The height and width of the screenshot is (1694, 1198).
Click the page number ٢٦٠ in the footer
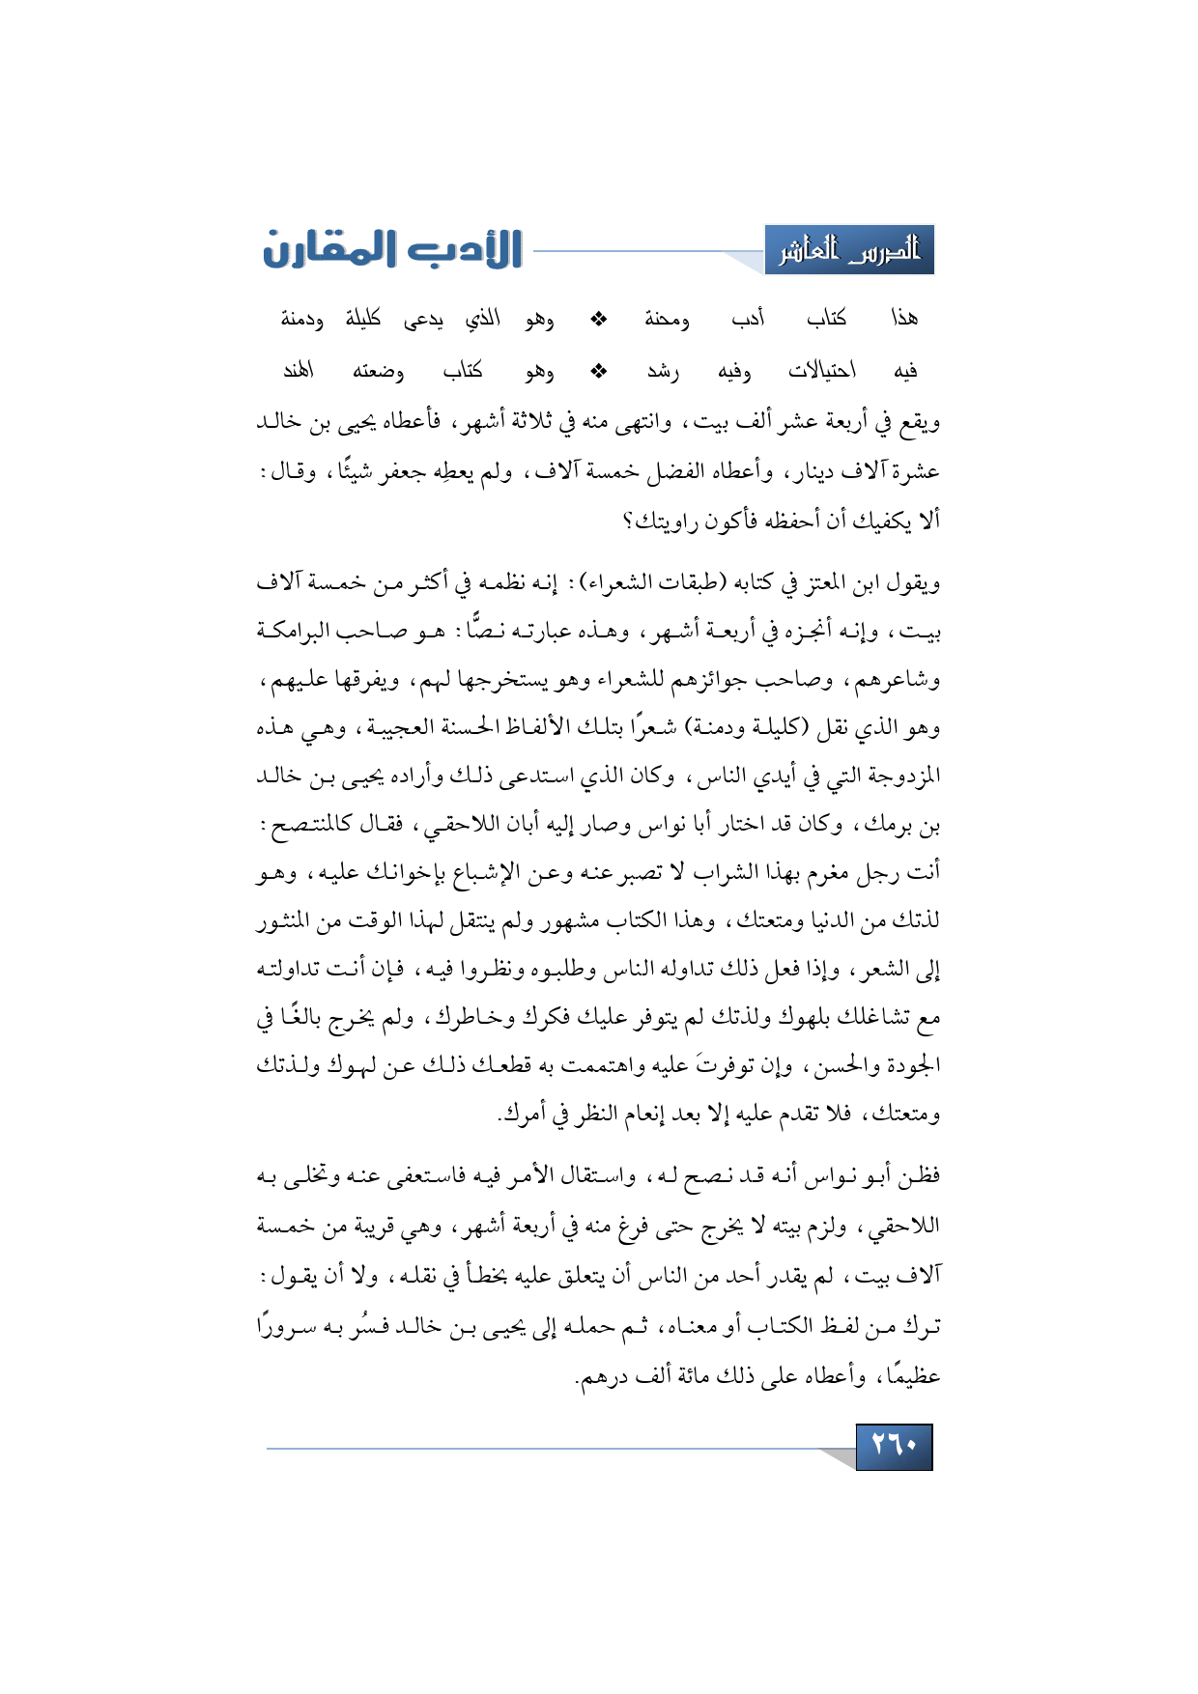click(x=894, y=1446)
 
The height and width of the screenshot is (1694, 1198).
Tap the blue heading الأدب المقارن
click(x=392, y=249)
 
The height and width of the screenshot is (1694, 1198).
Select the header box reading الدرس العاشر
click(x=849, y=251)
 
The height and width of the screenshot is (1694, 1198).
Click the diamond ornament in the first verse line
click(x=599, y=319)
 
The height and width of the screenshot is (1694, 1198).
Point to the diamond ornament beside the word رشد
click(x=599, y=370)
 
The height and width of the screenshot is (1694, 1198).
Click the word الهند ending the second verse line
click(x=299, y=370)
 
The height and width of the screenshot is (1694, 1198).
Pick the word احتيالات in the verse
click(x=821, y=370)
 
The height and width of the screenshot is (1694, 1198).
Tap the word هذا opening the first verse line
click(x=904, y=319)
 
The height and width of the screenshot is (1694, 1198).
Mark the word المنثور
click(x=292, y=921)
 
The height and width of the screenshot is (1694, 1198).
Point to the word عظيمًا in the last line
click(x=912, y=1375)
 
